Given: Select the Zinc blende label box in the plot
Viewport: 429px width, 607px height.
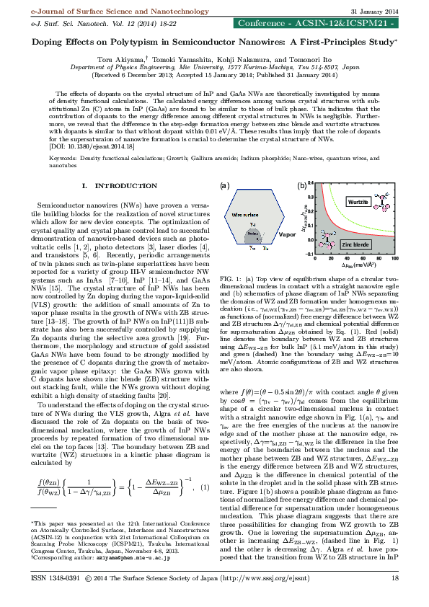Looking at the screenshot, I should pyautogui.click(x=355, y=244).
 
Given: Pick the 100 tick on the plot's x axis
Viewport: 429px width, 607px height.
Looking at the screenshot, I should pyautogui.click(x=394, y=258).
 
